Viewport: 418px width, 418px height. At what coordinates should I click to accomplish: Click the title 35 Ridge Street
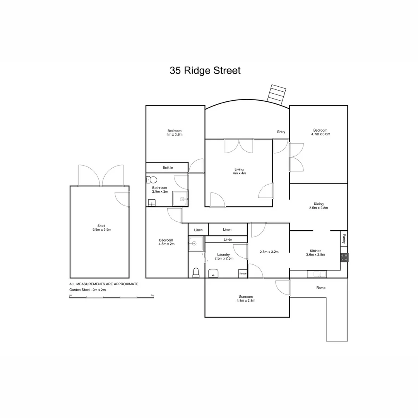(205, 70)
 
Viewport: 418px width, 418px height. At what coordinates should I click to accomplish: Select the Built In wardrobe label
(168, 168)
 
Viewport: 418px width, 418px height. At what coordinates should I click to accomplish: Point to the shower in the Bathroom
(180, 199)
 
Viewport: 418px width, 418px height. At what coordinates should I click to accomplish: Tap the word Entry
(281, 132)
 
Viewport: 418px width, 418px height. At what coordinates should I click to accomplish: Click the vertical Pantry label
(344, 239)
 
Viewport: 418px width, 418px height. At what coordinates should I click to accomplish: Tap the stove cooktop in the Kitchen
(344, 257)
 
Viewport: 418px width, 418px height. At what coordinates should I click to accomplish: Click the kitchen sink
(317, 274)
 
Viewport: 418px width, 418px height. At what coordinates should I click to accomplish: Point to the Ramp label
(321, 288)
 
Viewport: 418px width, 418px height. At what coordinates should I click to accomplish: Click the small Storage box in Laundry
(243, 274)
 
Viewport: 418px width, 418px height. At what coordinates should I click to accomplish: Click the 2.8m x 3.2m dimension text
(269, 252)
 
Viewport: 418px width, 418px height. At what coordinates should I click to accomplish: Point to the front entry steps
(278, 94)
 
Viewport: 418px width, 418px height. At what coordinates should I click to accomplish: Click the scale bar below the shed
(111, 297)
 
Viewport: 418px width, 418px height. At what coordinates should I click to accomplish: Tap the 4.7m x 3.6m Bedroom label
(320, 132)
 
